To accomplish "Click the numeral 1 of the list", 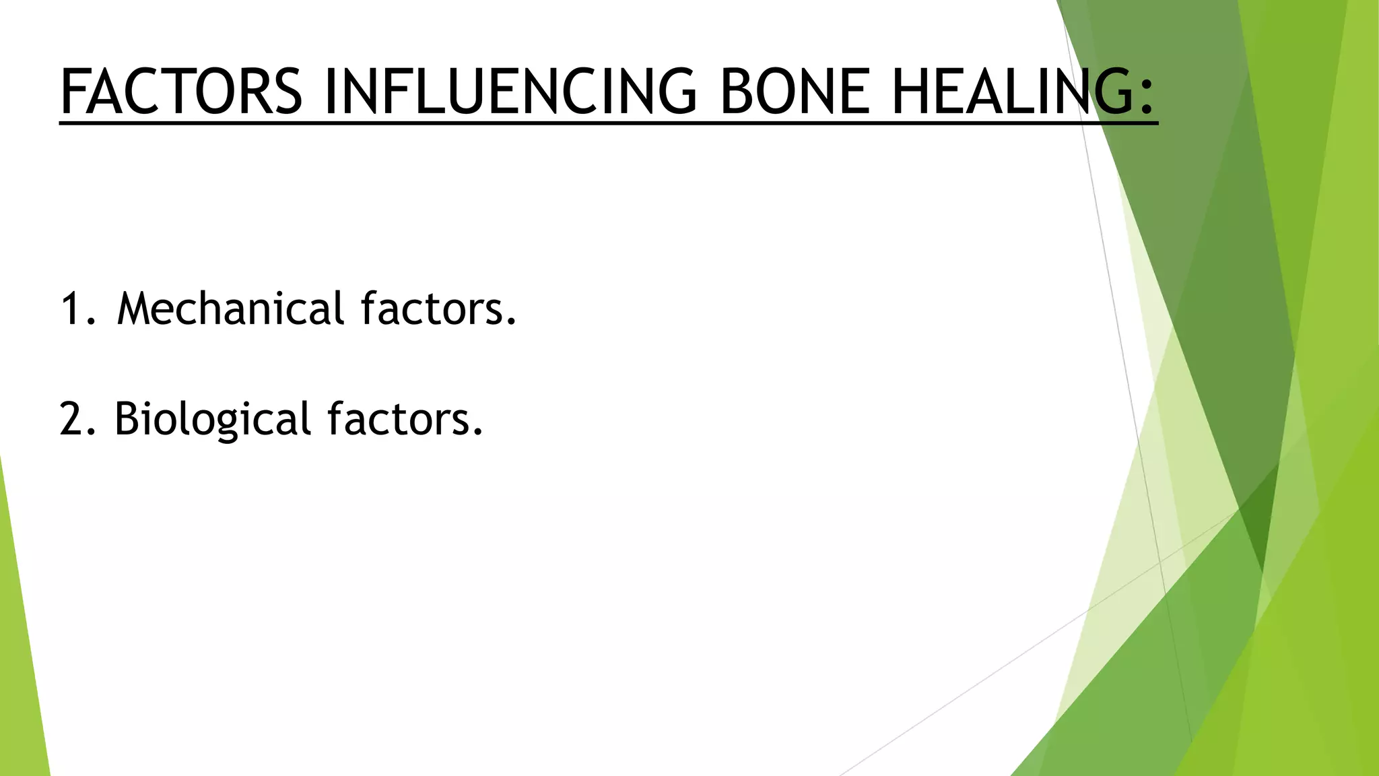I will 71,309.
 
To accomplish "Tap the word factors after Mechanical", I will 431,309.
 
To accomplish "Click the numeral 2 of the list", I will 71,419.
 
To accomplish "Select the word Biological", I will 212,419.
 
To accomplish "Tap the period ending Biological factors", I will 478,433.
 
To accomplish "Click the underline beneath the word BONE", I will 795,124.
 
